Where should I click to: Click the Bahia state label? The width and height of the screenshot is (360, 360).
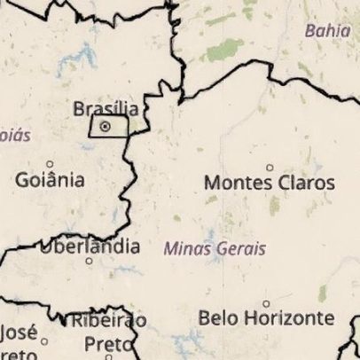click(x=327, y=30)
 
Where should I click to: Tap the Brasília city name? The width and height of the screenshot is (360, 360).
click(x=106, y=109)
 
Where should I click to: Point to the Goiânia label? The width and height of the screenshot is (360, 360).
click(x=51, y=180)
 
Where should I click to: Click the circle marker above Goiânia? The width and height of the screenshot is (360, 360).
click(x=50, y=164)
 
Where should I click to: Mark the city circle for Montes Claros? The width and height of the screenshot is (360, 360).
click(x=270, y=168)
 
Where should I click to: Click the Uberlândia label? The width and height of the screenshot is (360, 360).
click(x=90, y=245)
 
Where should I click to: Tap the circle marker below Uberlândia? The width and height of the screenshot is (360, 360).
click(x=89, y=261)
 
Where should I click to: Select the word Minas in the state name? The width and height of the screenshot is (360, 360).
click(x=184, y=249)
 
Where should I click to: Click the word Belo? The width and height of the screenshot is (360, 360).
click(x=216, y=317)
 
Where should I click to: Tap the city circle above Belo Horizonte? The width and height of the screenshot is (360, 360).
click(x=266, y=303)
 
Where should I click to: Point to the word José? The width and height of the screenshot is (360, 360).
click(x=19, y=333)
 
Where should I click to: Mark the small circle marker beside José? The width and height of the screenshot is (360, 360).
click(x=44, y=340)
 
